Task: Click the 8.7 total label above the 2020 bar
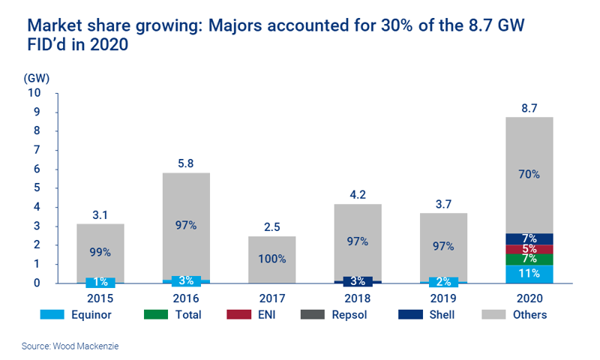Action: click(529, 108)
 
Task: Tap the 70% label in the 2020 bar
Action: click(529, 174)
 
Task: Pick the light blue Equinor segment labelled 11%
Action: click(529, 274)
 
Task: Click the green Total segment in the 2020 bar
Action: click(529, 259)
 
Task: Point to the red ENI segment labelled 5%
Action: click(529, 249)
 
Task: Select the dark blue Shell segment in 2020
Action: click(529, 238)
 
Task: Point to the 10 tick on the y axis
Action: click(34, 93)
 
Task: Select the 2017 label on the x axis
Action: click(272, 297)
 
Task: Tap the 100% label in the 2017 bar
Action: click(272, 259)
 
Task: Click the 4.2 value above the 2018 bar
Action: click(358, 194)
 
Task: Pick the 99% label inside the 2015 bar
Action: click(101, 252)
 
